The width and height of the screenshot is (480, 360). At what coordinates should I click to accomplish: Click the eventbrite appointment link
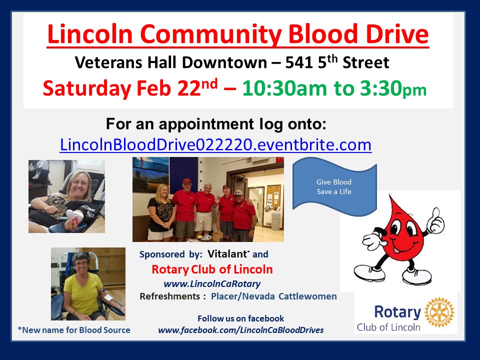coord(215,144)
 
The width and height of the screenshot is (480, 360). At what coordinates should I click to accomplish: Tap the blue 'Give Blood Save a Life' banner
coord(334,186)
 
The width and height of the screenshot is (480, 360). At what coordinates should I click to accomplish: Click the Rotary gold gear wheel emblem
coord(439,312)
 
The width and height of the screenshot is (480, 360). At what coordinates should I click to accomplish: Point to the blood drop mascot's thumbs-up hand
coord(435,220)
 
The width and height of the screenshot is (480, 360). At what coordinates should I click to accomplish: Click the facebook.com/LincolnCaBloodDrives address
coord(241,330)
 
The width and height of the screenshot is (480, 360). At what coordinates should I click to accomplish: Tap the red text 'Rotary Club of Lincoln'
coord(212,269)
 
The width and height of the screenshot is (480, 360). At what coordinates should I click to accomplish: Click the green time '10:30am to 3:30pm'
coord(334,88)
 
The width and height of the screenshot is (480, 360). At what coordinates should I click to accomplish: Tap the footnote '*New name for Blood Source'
coord(74,330)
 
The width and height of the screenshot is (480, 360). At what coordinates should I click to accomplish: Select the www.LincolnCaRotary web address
coord(212,284)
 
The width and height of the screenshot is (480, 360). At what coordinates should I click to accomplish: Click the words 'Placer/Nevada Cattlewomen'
coord(274,296)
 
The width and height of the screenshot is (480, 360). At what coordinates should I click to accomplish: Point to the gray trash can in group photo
coord(276,220)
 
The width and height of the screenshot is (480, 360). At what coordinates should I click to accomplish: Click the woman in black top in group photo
coord(161,211)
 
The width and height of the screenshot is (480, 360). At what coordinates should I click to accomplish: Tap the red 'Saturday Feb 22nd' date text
coord(130,88)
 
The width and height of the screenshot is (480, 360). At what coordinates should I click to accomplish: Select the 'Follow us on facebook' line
coord(240,318)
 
